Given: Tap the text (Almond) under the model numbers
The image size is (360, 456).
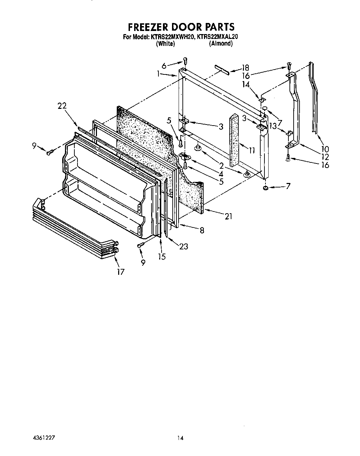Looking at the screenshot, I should (220, 43).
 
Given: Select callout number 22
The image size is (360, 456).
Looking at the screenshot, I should (62, 106).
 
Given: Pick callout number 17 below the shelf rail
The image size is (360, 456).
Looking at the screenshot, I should (120, 272).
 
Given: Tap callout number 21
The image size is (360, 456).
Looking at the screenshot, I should (228, 216).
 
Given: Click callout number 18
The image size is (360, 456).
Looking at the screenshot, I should (245, 67).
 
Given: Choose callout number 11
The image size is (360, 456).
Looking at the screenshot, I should (252, 150).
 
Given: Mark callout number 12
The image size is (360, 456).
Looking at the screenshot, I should (325, 157).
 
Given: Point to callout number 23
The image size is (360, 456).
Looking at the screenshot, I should (183, 247).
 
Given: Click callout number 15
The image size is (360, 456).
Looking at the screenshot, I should (162, 257).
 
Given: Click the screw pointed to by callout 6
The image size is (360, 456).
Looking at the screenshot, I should (185, 61).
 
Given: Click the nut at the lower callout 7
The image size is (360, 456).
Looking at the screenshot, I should (266, 188).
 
